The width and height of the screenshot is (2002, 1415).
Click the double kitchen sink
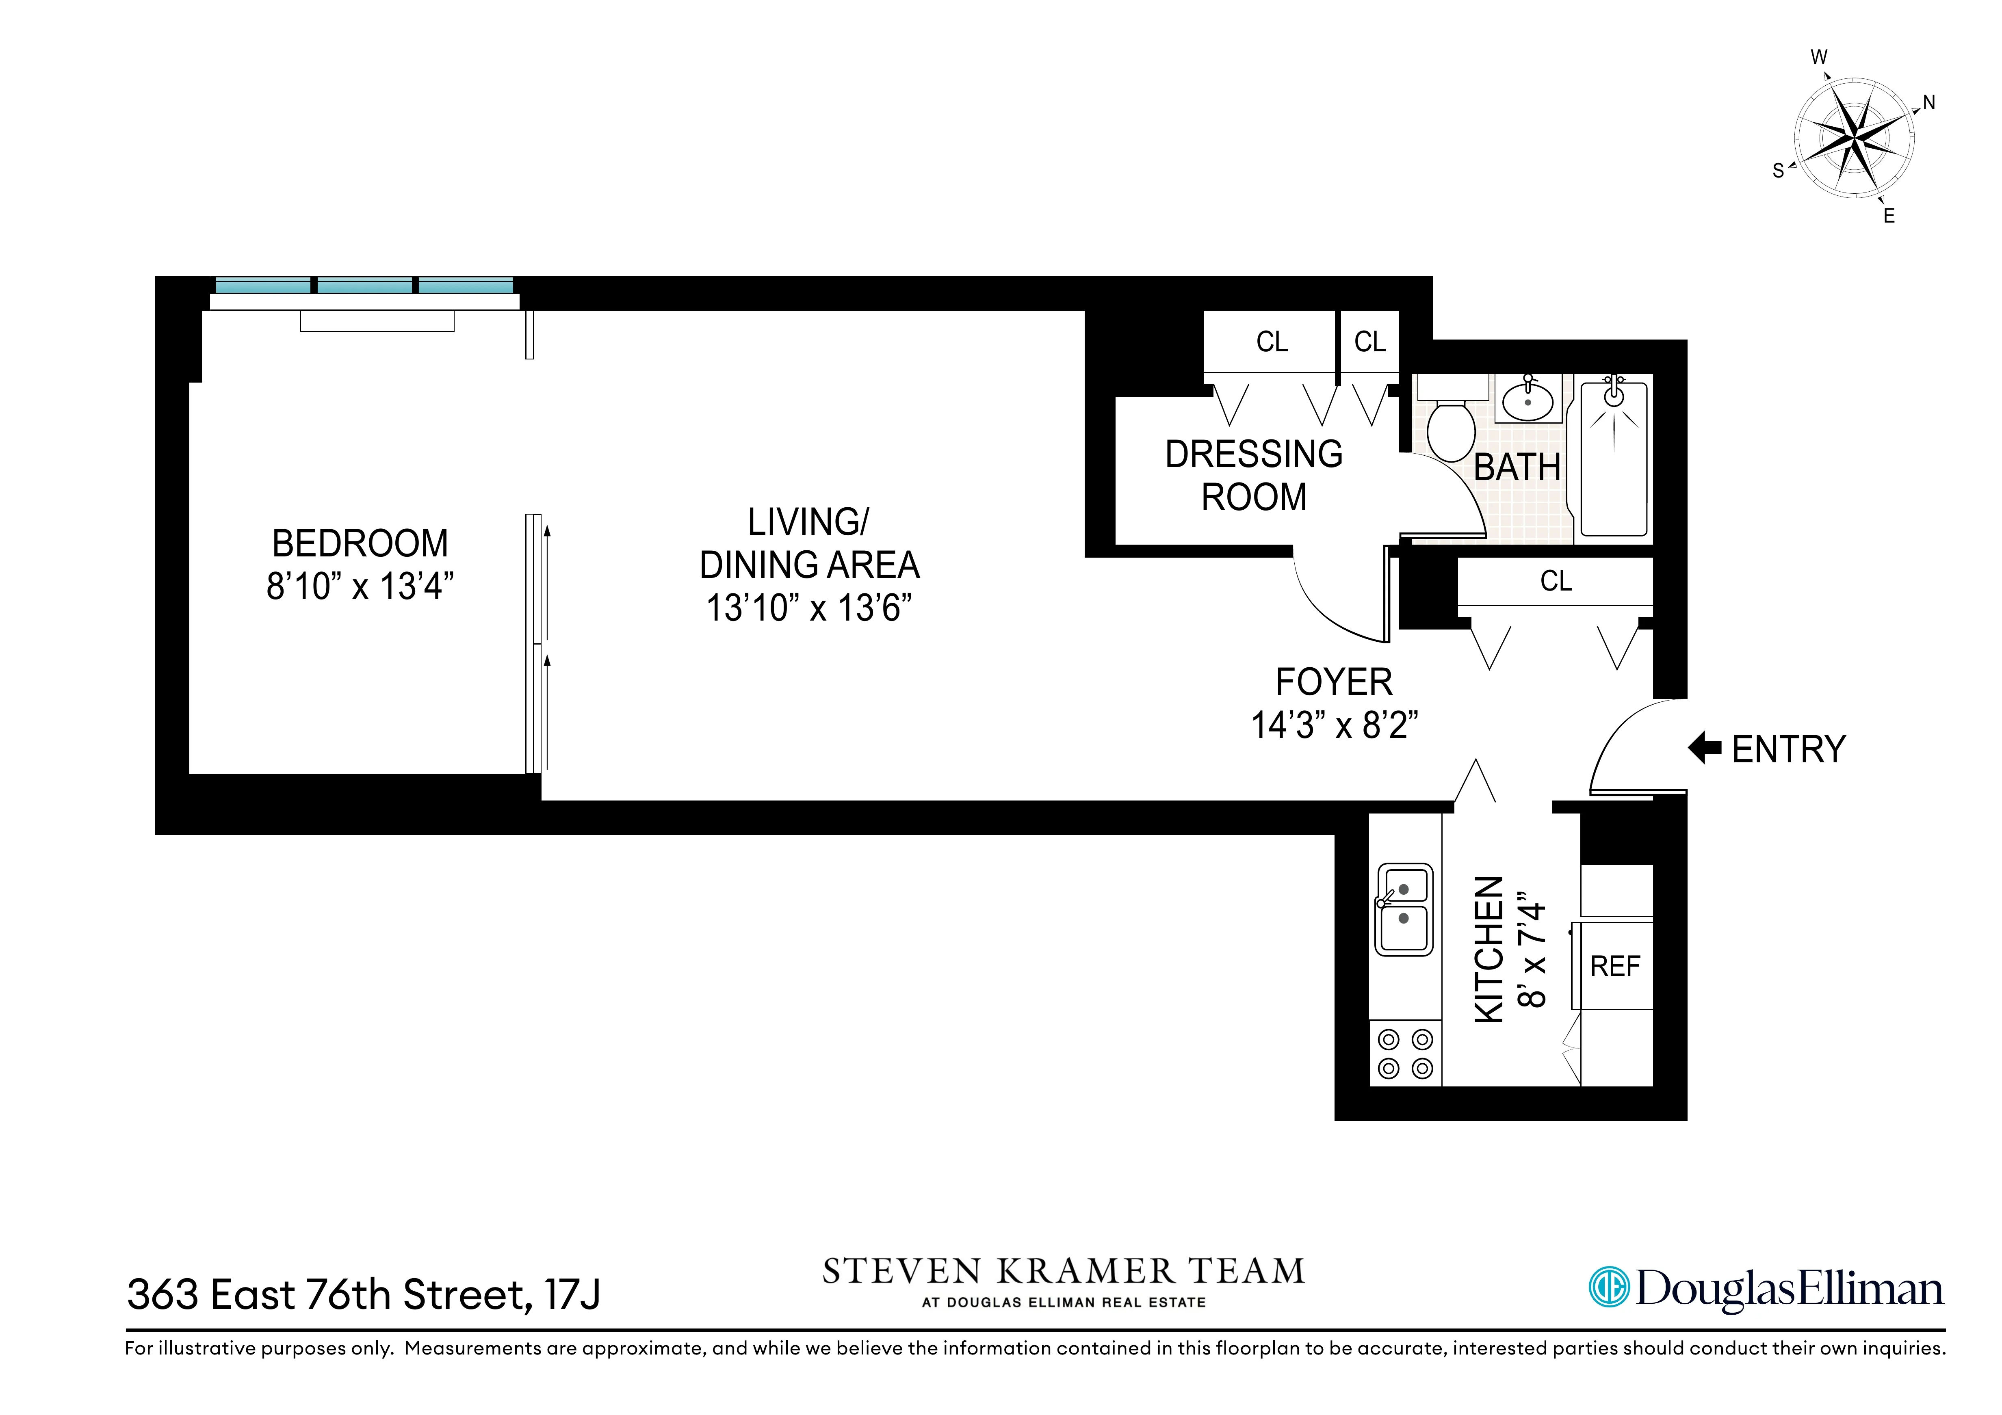[x=1404, y=909]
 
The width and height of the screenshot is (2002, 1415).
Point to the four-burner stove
[x=1405, y=1053]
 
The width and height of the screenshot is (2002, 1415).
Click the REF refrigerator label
[x=1615, y=966]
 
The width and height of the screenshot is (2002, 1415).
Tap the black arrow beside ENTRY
[x=1705, y=748]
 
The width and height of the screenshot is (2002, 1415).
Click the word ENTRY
[x=1788, y=750]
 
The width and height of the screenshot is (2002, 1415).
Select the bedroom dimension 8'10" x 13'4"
[x=360, y=587]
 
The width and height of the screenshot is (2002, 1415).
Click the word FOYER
[x=1334, y=682]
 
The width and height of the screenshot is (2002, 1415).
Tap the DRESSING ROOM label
[x=1254, y=475]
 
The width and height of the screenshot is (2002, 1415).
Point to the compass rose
[x=1854, y=138]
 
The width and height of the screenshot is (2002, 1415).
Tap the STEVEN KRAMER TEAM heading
[x=1064, y=1272]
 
